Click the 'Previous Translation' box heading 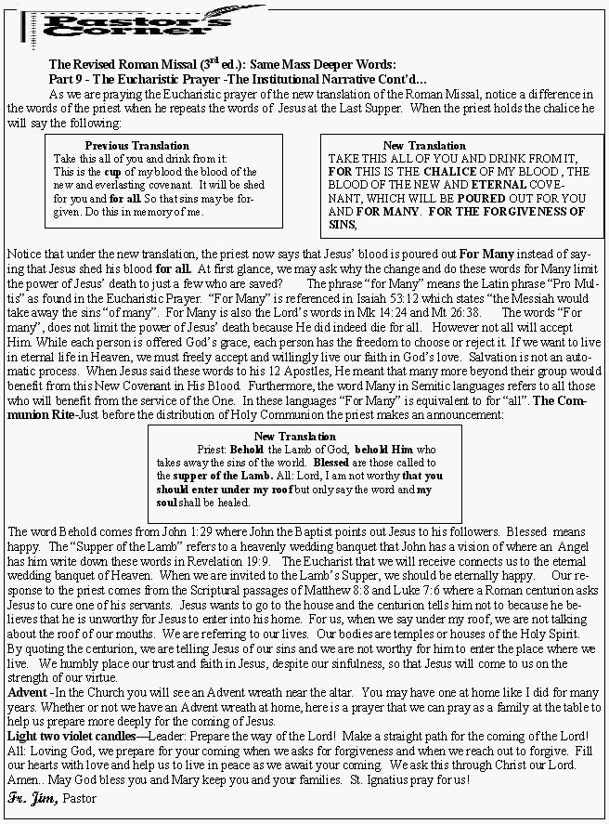(x=136, y=146)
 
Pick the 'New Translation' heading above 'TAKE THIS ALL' (x=424, y=146)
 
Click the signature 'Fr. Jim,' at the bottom (x=32, y=797)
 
